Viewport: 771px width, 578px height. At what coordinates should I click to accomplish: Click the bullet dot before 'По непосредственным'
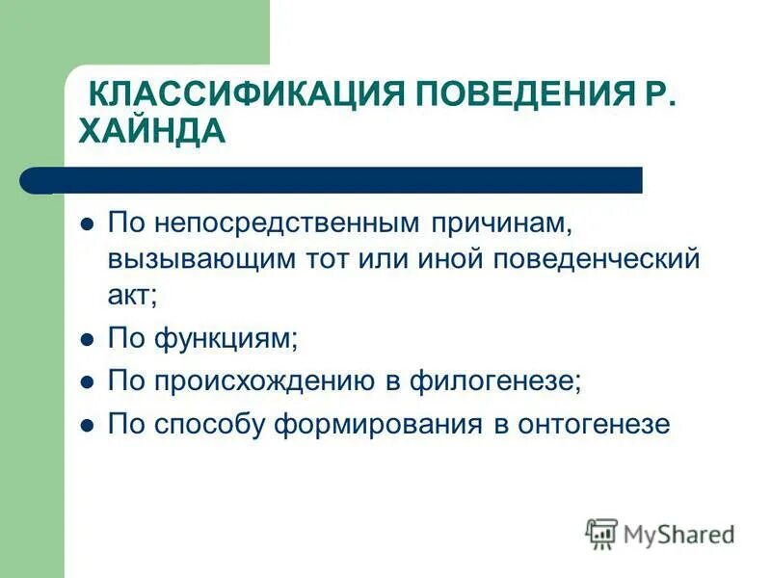[87, 224]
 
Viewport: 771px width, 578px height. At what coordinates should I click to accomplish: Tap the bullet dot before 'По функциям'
[87, 339]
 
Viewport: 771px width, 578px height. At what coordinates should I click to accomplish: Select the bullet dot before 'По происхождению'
[87, 381]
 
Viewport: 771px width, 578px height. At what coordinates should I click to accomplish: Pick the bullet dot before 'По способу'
[87, 424]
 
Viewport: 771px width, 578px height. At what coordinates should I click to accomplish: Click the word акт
[132, 296]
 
